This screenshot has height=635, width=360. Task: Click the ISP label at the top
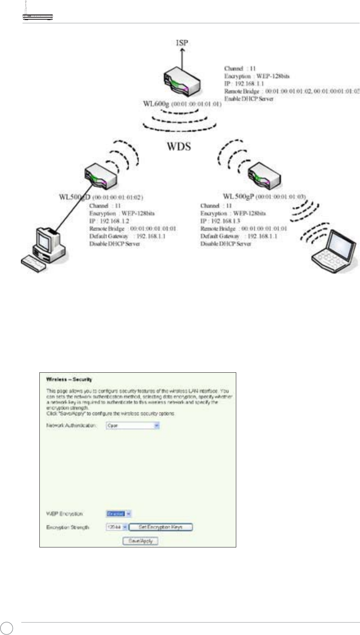pyautogui.click(x=182, y=43)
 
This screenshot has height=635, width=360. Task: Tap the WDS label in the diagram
pyautogui.click(x=179, y=146)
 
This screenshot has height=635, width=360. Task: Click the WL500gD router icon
pyautogui.click(x=101, y=178)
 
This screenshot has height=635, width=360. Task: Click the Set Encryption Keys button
pyautogui.click(x=161, y=527)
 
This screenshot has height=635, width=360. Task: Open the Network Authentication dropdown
pyautogui.click(x=133, y=425)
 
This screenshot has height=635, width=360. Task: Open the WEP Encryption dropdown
pyautogui.click(x=119, y=514)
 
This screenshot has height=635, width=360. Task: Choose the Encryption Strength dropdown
pyautogui.click(x=117, y=527)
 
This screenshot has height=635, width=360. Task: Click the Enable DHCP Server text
pyautogui.click(x=249, y=99)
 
